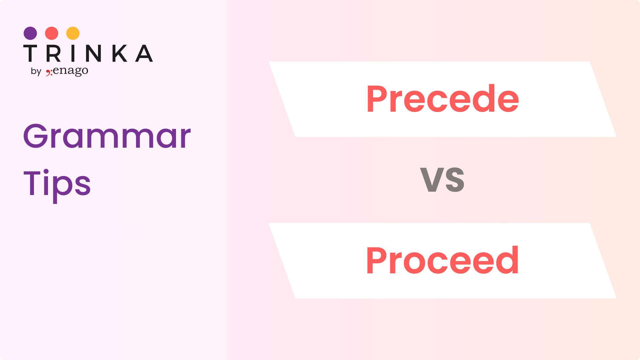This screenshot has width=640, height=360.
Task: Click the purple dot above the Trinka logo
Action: point(30,33)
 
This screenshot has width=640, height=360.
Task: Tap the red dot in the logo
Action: point(52,33)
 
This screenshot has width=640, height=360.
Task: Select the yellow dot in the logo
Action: point(73,33)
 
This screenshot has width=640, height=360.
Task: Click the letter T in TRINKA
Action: point(30,53)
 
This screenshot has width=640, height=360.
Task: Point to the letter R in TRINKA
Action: point(53,53)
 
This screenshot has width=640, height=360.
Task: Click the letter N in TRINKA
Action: point(93,53)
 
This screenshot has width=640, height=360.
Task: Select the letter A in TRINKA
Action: point(144,53)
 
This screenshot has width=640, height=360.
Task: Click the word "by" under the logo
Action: point(36,71)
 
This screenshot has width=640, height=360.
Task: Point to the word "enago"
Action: point(70,71)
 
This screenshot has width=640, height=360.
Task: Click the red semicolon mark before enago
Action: point(49,72)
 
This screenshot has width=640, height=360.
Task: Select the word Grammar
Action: point(107,136)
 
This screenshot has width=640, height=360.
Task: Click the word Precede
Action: point(443,99)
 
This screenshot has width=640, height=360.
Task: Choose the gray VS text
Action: point(442,180)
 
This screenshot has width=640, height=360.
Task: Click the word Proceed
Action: point(442,260)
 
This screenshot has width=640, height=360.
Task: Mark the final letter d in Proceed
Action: point(508,260)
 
